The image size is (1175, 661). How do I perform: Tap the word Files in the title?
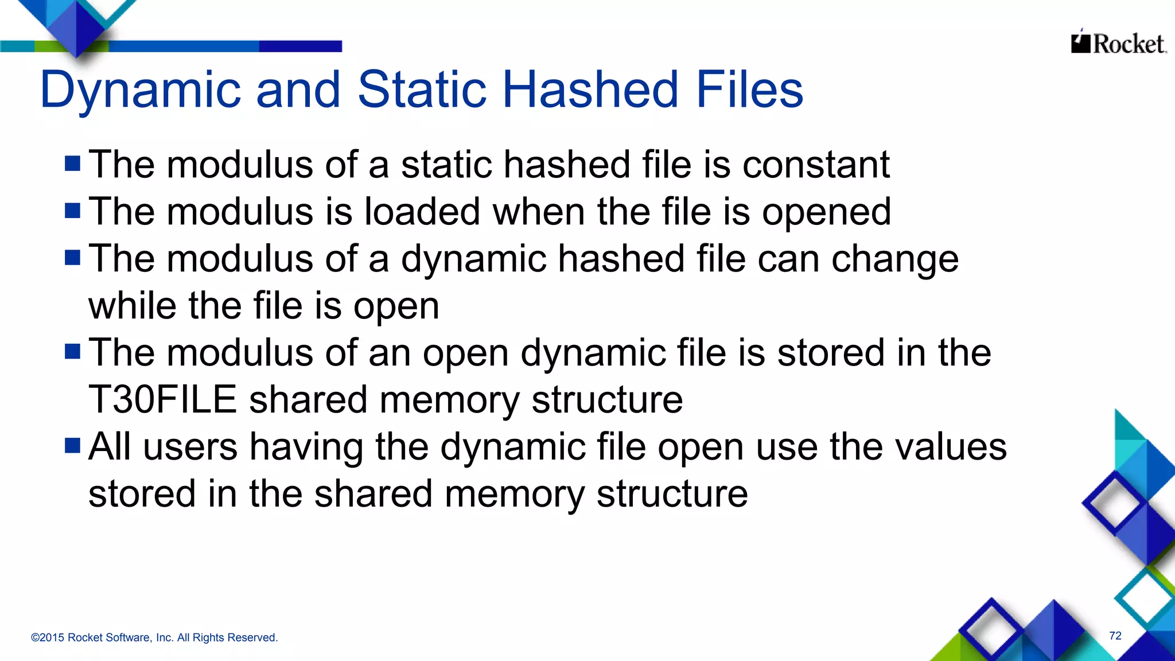[x=749, y=90]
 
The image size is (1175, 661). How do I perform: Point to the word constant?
[x=816, y=165]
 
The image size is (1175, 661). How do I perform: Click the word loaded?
[x=422, y=212]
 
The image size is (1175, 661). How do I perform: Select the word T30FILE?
[x=162, y=400]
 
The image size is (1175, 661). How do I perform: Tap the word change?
[x=895, y=259]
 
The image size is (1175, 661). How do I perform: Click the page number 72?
[x=1115, y=636]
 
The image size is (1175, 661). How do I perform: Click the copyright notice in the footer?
[x=154, y=637]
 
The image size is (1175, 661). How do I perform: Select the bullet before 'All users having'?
[x=73, y=445]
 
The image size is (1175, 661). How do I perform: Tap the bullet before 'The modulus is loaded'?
[x=73, y=211]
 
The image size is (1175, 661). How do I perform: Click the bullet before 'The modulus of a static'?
[x=73, y=164]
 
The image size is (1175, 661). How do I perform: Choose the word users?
[x=190, y=447]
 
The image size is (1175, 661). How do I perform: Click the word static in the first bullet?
[x=446, y=165]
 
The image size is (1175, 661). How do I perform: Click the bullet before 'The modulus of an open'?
[x=73, y=351]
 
